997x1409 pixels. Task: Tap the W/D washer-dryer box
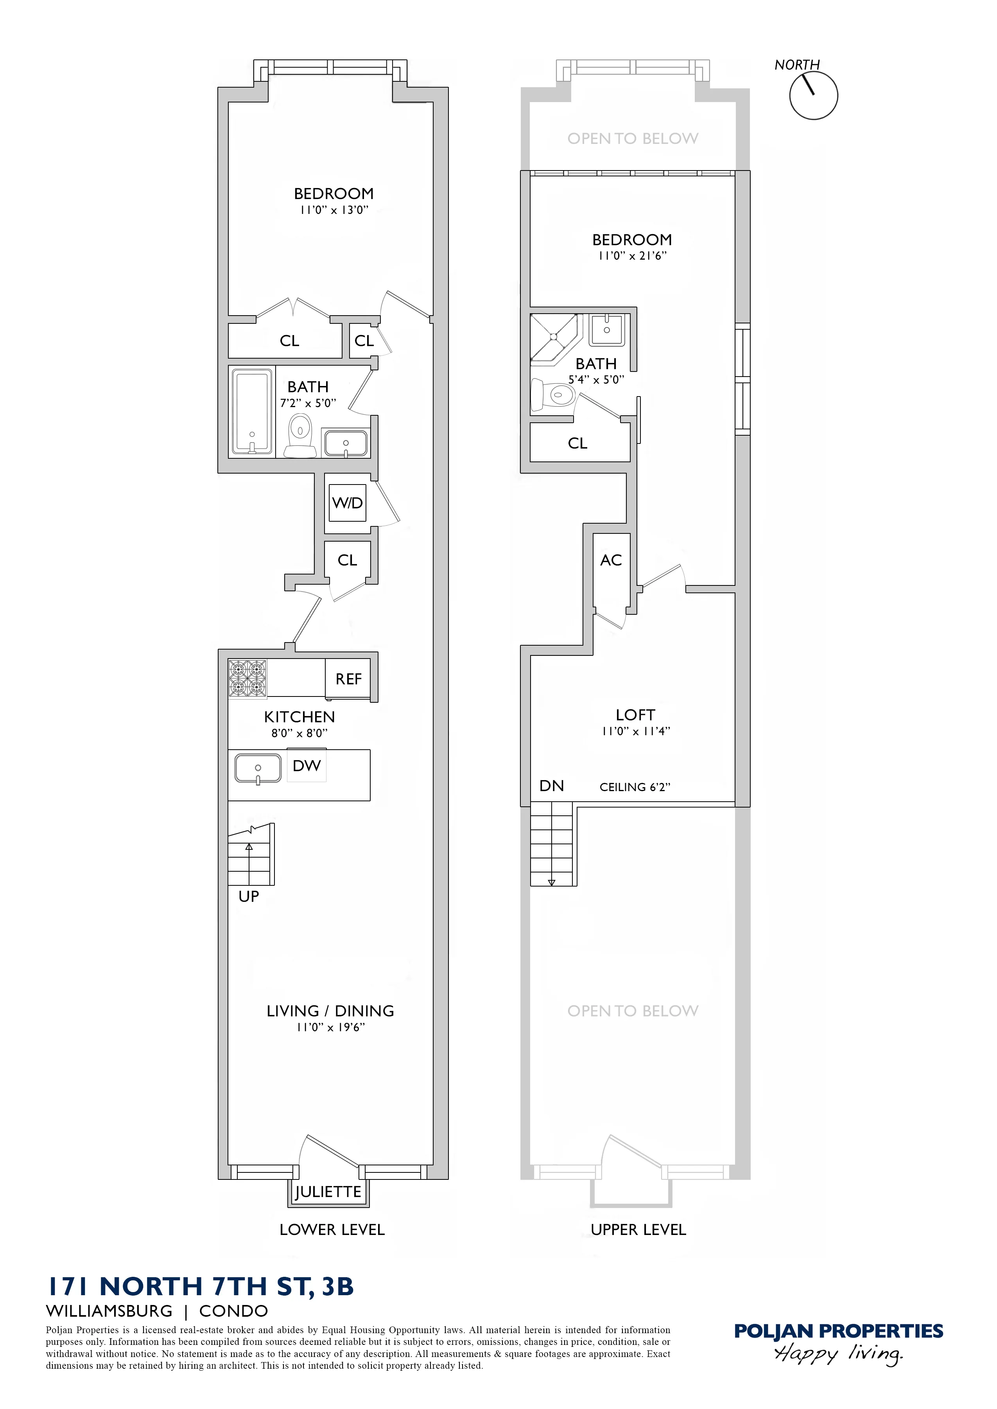348,503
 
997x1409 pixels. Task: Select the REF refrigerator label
348,679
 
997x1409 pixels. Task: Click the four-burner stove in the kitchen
247,678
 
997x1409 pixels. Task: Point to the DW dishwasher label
307,766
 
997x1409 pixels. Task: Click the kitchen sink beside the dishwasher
258,768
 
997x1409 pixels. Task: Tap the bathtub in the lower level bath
252,412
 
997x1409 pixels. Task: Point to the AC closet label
611,560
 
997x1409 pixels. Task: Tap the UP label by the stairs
249,896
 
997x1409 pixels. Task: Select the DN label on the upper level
551,786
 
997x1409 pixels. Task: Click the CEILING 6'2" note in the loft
635,787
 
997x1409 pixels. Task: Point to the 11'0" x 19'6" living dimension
330,1028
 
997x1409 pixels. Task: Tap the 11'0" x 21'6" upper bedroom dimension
632,256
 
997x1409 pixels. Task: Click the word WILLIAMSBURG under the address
109,1311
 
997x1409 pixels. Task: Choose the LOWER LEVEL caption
332,1230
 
